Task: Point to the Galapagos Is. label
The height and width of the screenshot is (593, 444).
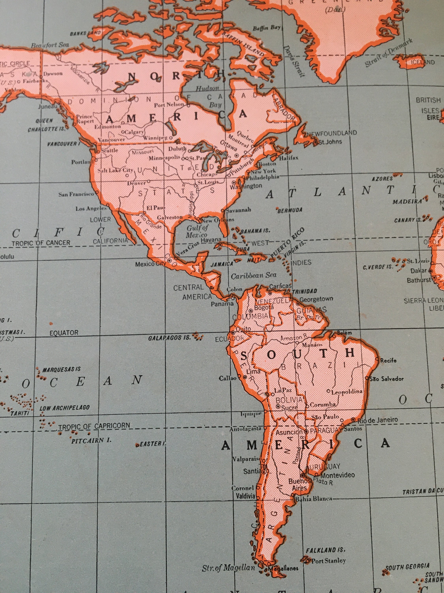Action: click(x=169, y=338)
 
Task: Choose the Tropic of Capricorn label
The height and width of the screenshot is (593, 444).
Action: click(x=94, y=426)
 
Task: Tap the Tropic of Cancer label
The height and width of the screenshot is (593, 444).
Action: click(x=41, y=243)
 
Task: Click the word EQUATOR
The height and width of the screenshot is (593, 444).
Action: click(x=64, y=333)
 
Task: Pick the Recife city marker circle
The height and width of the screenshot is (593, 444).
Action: click(x=377, y=359)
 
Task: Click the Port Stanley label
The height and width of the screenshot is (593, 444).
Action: click(x=328, y=553)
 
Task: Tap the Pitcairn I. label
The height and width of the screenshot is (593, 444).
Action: click(x=91, y=440)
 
